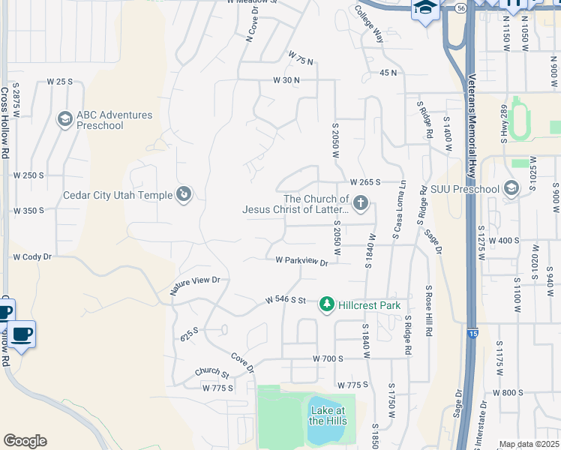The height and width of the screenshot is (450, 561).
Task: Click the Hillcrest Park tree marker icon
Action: (326, 304)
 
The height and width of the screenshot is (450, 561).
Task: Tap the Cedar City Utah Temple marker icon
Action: (184, 195)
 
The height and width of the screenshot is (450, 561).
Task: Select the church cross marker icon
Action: (361, 202)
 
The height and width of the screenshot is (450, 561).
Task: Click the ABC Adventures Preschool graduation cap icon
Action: (64, 119)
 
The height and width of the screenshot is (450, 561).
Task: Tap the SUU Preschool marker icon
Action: (512, 188)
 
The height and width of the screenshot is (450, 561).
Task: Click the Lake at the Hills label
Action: (328, 415)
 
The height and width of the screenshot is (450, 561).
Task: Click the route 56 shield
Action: (460, 7)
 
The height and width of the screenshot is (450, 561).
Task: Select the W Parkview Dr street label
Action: (301, 262)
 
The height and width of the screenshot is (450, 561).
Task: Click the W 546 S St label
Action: (286, 300)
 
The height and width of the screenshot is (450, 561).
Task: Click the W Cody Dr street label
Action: (31, 256)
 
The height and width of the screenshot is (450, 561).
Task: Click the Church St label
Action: (211, 372)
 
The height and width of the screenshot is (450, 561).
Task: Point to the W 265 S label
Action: (365, 182)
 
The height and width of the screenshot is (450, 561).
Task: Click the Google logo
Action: (24, 441)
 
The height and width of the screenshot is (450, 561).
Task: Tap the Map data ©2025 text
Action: (529, 444)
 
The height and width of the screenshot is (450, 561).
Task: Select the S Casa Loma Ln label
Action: (398, 210)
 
